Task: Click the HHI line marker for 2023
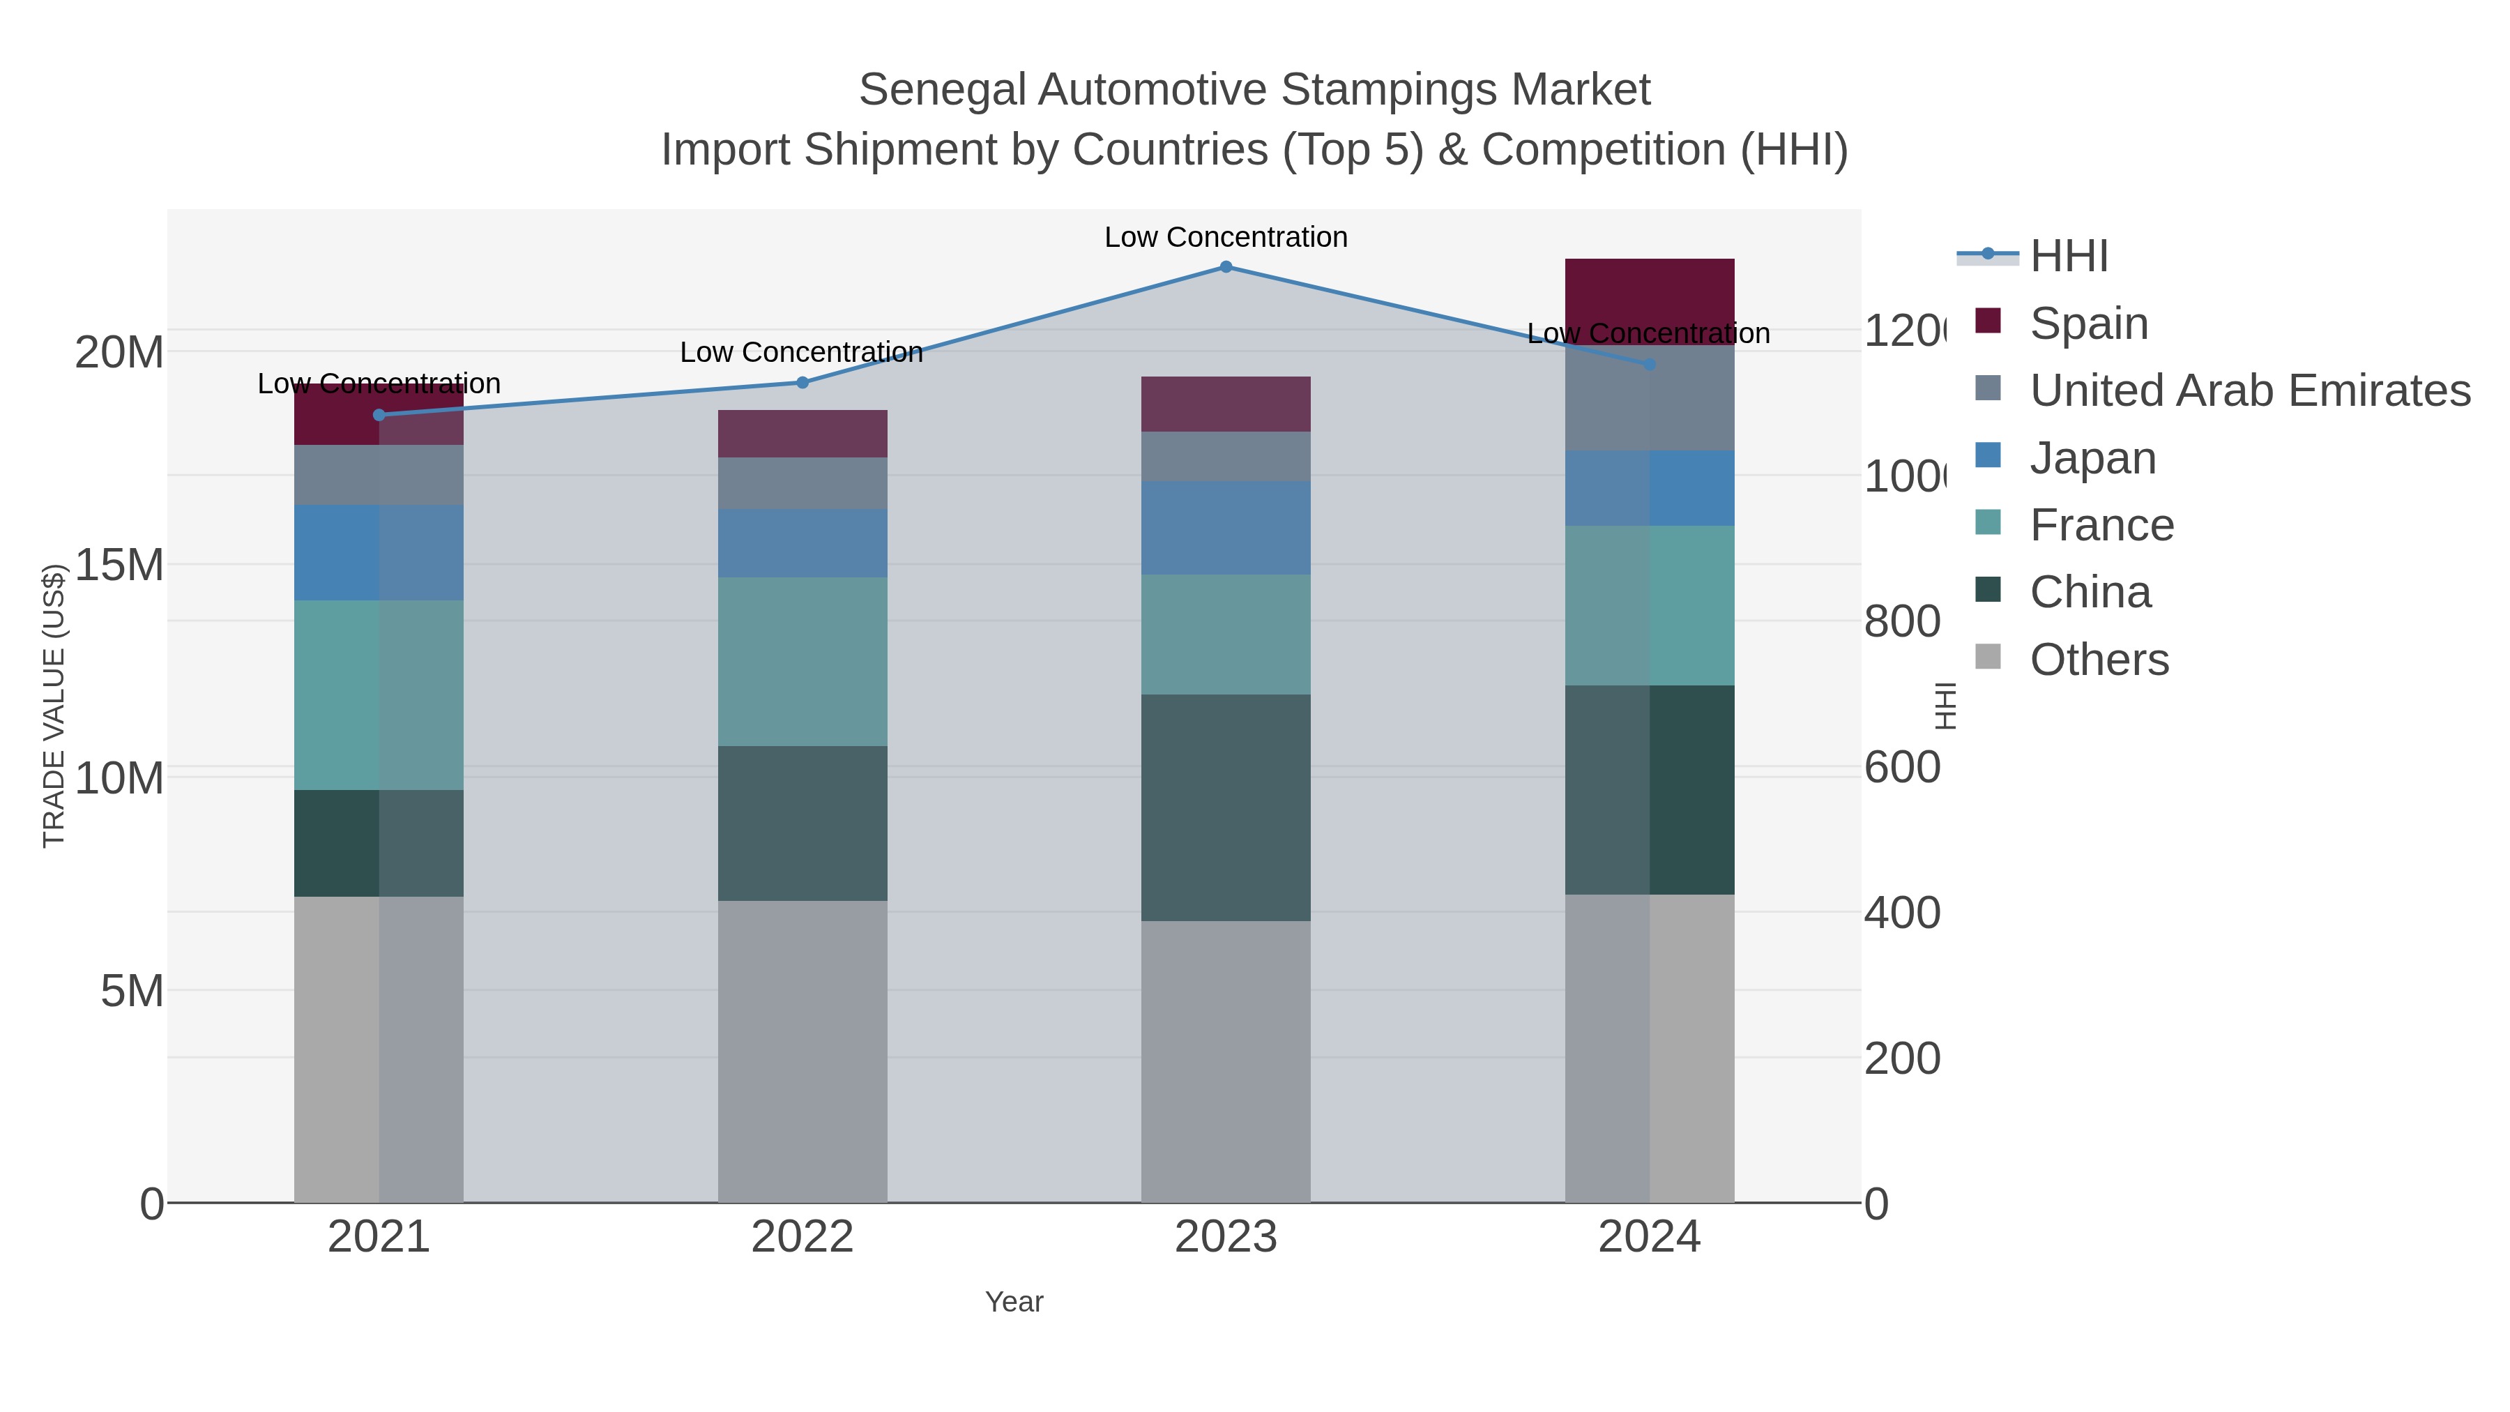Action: click(x=1226, y=267)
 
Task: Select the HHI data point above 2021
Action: click(x=379, y=415)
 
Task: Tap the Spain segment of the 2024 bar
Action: click(x=1649, y=292)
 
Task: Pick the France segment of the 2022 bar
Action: click(x=802, y=662)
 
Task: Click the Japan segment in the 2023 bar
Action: click(x=1226, y=527)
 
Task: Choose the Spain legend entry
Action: click(x=2088, y=324)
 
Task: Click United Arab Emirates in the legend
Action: click(x=2249, y=390)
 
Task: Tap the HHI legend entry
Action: click(x=2068, y=257)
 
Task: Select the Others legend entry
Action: click(x=2098, y=660)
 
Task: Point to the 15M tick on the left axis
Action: click(x=119, y=565)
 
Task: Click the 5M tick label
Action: click(x=132, y=991)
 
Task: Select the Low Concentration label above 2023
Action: click(x=1226, y=237)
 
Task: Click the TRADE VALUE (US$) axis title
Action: click(x=54, y=706)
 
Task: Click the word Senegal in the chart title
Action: click(x=941, y=90)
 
